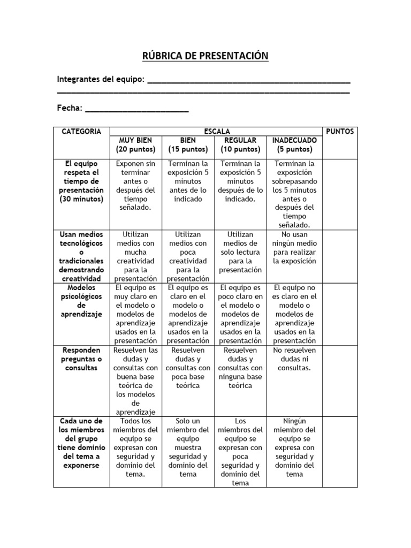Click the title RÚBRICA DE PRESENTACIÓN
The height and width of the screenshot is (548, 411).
click(x=205, y=56)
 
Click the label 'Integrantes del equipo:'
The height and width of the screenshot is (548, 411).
click(x=101, y=80)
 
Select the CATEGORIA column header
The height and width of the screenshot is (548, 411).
click(x=81, y=132)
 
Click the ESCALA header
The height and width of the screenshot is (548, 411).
click(x=216, y=131)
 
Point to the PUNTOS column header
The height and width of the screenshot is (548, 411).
click(x=339, y=132)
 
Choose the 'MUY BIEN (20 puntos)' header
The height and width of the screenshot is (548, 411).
click(x=136, y=145)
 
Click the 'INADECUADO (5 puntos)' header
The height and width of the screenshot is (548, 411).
click(x=295, y=145)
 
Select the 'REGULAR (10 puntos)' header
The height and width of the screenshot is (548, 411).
click(x=240, y=145)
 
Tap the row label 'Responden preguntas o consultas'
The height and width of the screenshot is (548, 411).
click(x=81, y=359)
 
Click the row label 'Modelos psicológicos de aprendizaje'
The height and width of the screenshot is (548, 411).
click(x=81, y=301)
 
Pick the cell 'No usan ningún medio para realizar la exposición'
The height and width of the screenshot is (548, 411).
click(x=295, y=248)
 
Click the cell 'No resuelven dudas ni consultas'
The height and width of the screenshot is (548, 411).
click(x=295, y=359)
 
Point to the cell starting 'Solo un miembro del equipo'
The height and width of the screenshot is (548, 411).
click(x=188, y=447)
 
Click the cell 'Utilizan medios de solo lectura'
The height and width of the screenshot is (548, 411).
click(x=240, y=252)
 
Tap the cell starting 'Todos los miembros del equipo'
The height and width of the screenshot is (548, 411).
click(x=136, y=447)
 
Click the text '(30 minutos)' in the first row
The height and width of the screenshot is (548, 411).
click(x=81, y=199)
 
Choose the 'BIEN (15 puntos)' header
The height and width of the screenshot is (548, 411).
click(x=188, y=145)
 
